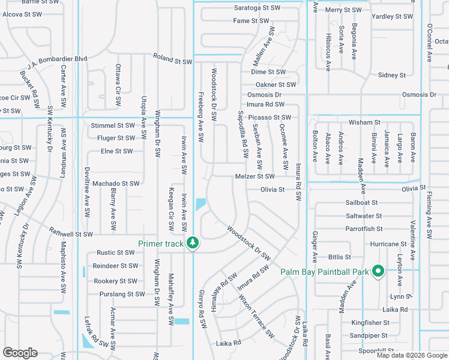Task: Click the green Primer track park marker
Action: [193, 242]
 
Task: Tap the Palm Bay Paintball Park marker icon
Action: [378, 271]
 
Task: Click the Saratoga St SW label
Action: [257, 8]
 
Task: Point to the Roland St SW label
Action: [172, 61]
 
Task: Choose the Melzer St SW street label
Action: [255, 176]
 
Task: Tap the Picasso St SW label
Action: [269, 117]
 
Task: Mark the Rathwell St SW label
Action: [71, 234]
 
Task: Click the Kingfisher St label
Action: [370, 323]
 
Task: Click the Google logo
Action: [20, 353]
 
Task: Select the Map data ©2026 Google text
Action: [412, 355]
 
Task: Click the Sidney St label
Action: [392, 75]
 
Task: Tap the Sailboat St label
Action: [361, 203]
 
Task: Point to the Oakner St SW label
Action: [276, 85]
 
